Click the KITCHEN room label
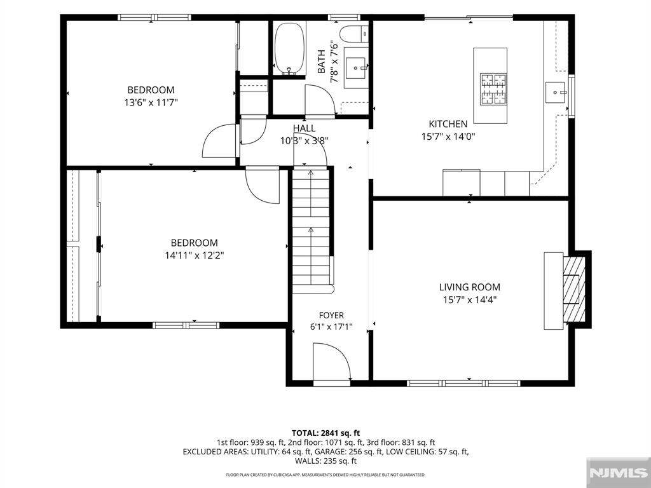[448, 124]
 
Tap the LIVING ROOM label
[470, 287]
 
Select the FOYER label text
[331, 315]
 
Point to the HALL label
[304, 128]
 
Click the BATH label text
[322, 62]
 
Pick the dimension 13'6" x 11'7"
[151, 102]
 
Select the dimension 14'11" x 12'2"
[195, 255]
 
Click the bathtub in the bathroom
[290, 48]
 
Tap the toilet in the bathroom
[353, 33]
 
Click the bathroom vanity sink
[356, 68]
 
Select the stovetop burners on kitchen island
[493, 89]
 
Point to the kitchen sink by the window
[556, 92]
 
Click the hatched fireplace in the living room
[574, 289]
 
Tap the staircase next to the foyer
[312, 230]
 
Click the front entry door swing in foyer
[332, 362]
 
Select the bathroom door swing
[320, 100]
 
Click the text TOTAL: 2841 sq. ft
[325, 433]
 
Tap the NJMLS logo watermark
[619, 473]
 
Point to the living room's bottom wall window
[463, 383]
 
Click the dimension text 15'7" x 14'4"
[470, 300]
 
